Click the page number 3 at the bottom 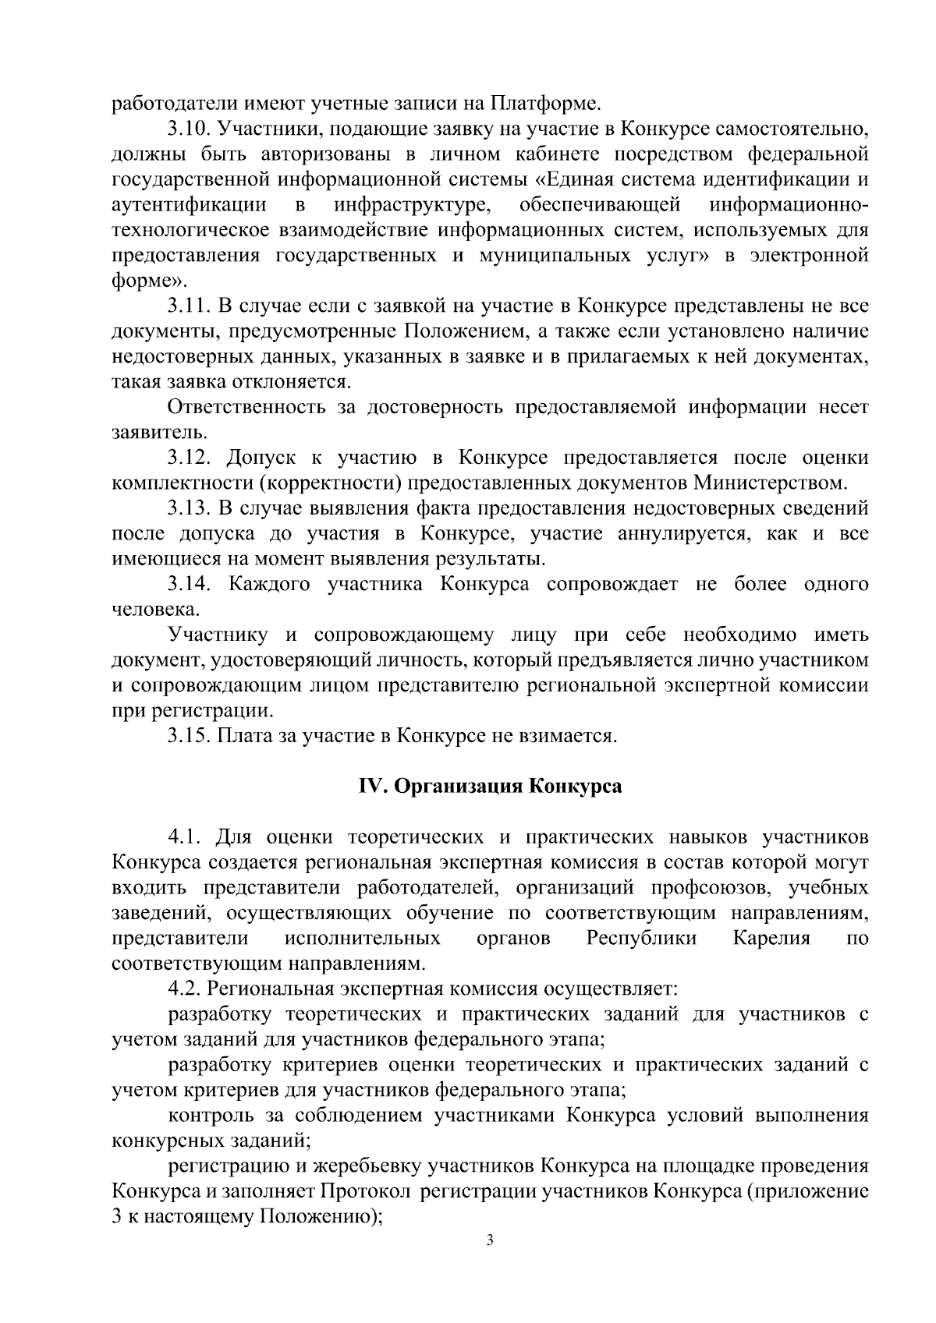pos(489,1242)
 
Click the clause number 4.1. pos(185,837)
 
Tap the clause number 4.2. pos(185,989)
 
